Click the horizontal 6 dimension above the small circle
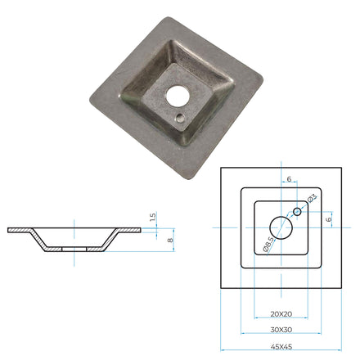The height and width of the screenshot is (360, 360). tap(289, 180)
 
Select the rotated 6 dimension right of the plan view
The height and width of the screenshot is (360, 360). tap(328, 218)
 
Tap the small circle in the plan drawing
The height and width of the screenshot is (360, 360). tap(298, 211)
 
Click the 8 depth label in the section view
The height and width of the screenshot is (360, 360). tap(170, 240)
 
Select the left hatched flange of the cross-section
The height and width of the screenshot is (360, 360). tap(20, 231)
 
